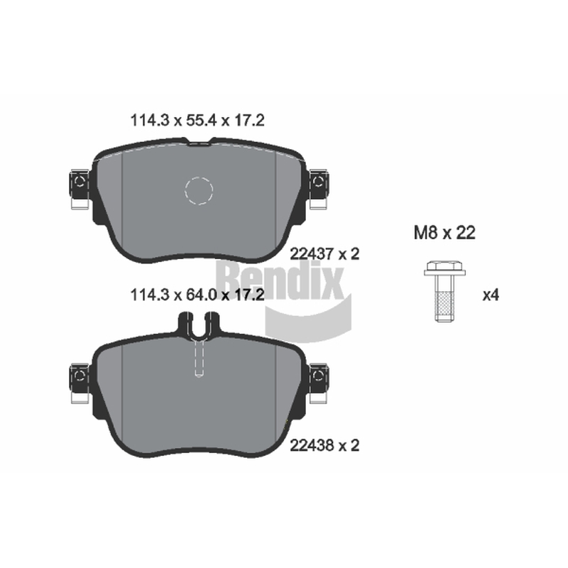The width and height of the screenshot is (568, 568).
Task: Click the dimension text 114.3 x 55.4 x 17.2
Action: [x=197, y=120]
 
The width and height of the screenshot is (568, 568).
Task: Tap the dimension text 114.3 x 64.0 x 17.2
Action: [x=197, y=295]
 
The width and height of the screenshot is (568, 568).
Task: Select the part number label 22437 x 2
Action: [x=324, y=254]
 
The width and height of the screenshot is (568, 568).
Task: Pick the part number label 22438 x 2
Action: [x=324, y=445]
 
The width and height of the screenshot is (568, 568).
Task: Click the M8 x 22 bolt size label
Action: [x=444, y=233]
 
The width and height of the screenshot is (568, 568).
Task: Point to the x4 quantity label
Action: [x=491, y=295]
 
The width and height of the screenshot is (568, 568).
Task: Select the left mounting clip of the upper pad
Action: [x=80, y=189]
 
